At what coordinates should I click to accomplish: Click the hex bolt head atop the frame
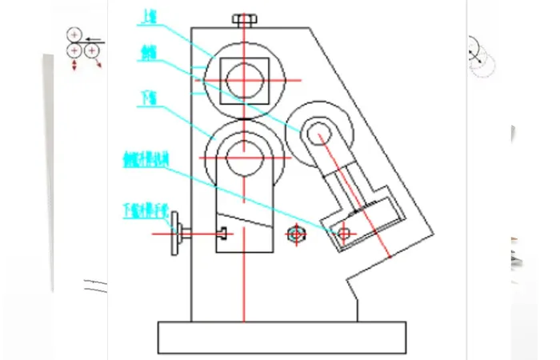point(244,19)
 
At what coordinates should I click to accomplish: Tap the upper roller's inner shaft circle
point(245,79)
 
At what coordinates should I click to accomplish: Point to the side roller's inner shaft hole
point(318,131)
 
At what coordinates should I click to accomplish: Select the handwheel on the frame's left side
point(179,234)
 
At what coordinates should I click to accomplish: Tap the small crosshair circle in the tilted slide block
point(344,234)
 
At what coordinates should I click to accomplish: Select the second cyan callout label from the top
point(149,54)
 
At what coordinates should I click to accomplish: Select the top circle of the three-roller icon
point(74,35)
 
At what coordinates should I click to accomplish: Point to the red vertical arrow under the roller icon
point(74,66)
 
